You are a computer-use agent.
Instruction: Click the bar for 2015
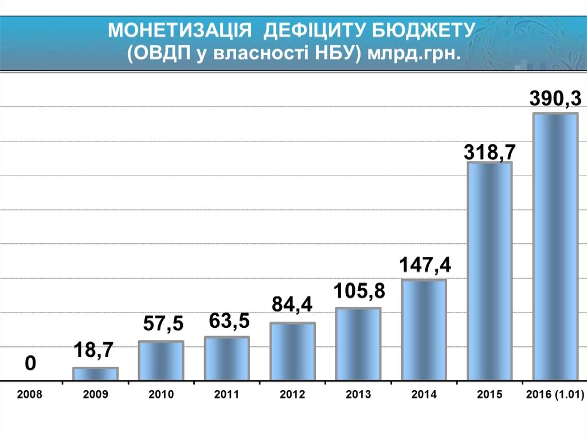click(490, 271)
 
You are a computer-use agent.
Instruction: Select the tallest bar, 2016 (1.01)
click(555, 247)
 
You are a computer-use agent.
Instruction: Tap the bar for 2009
click(95, 374)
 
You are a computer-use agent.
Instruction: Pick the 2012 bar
click(292, 351)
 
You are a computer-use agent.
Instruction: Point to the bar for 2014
click(424, 330)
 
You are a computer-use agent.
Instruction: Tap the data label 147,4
click(425, 266)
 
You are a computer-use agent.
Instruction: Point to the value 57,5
click(163, 325)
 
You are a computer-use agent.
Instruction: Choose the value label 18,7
click(95, 350)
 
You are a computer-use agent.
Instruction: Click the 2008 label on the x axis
click(30, 394)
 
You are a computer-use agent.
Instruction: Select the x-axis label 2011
click(227, 394)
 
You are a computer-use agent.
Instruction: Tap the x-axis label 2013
click(358, 394)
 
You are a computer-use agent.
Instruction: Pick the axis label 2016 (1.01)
click(554, 394)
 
